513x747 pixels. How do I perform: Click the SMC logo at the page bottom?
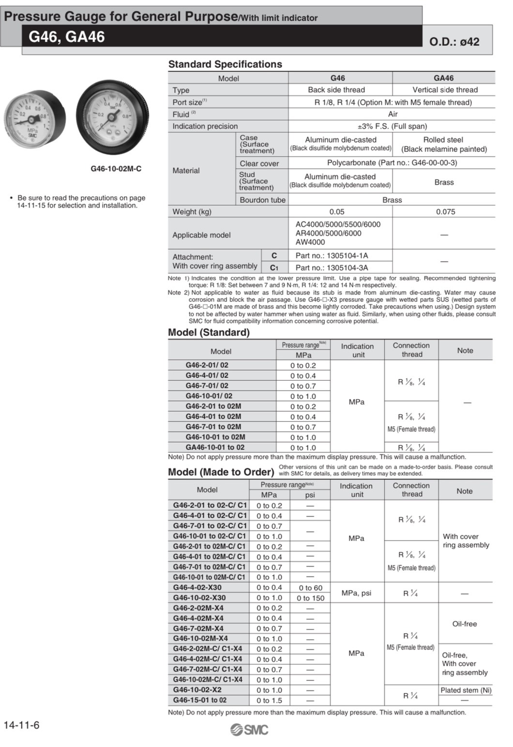249,730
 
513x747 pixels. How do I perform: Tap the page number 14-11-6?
21,725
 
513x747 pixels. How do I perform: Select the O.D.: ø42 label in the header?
454,42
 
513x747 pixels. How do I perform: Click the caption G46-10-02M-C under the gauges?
116,169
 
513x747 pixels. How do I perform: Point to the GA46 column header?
443,78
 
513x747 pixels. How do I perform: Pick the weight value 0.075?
445,212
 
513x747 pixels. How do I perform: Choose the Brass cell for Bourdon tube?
392,200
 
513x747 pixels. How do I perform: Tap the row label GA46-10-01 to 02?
215,448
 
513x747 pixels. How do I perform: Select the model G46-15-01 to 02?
199,700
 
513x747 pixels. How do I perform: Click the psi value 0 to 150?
310,598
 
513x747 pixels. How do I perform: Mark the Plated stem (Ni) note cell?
466,690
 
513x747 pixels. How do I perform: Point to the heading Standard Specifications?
225,64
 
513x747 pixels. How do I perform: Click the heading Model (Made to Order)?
221,472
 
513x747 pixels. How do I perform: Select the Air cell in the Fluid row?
392,114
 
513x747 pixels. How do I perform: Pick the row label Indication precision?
205,126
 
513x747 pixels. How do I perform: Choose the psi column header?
310,495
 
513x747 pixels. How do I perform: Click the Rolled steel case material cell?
443,144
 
